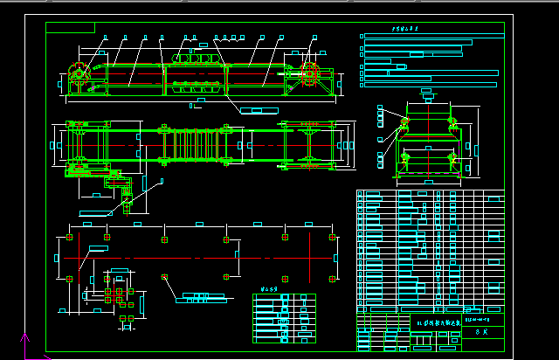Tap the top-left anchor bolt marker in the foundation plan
click(69, 237)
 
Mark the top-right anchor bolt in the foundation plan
click(332, 237)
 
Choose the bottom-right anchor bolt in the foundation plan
click(332, 279)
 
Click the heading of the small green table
click(270, 287)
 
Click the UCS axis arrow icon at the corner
click(24, 343)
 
